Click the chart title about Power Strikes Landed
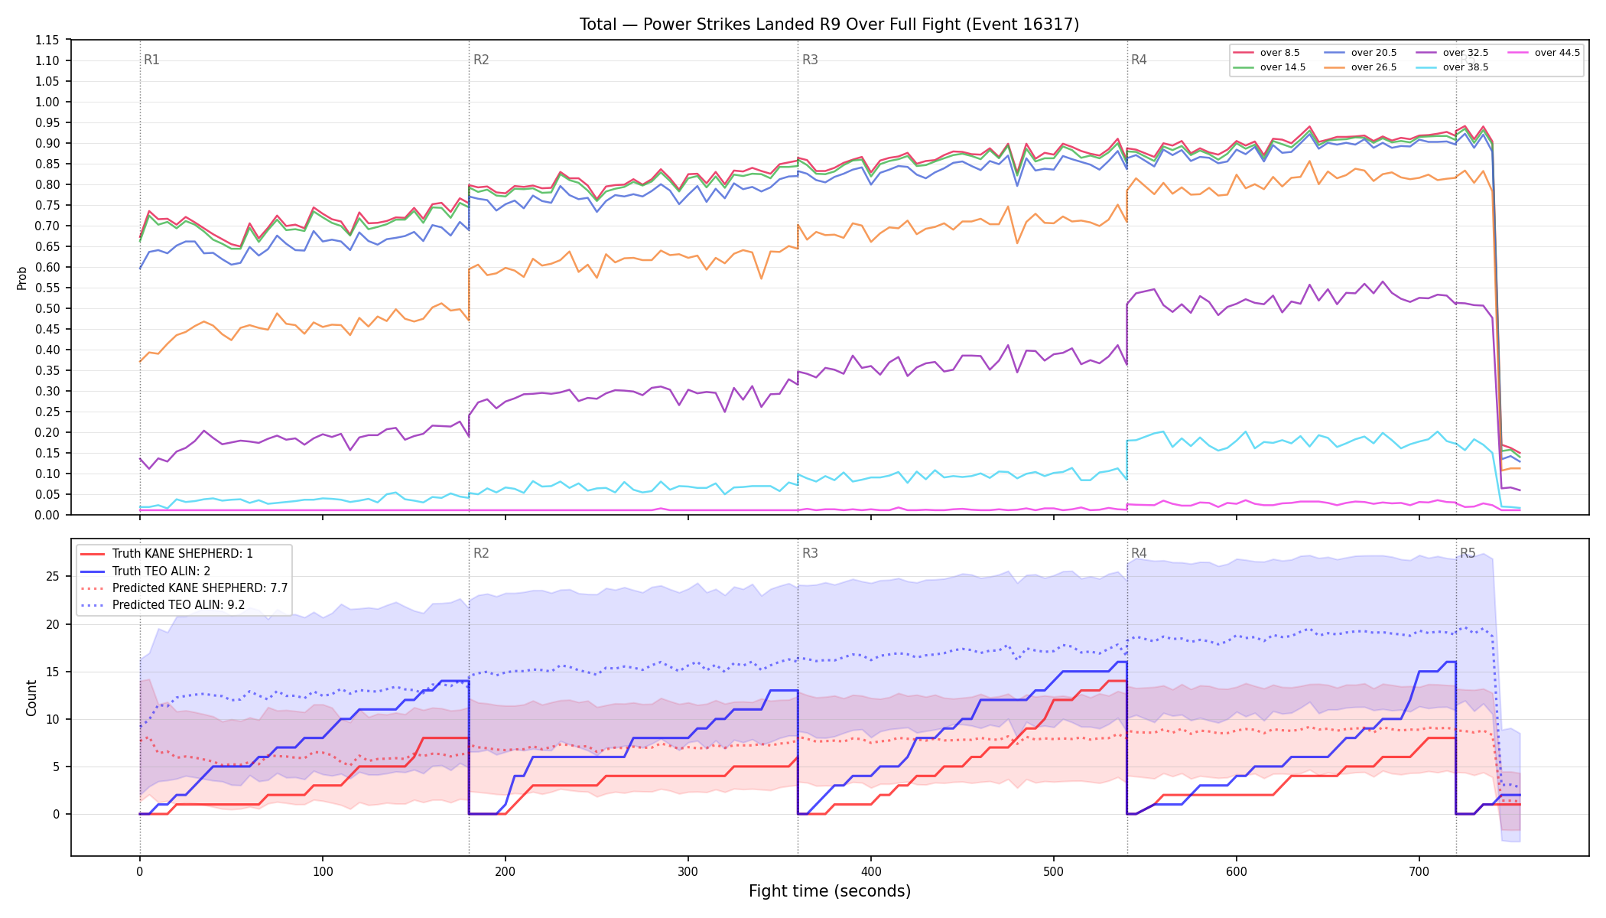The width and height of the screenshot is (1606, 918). [x=829, y=24]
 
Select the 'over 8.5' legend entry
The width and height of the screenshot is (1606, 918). [x=1266, y=53]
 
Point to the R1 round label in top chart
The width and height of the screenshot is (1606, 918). [x=151, y=60]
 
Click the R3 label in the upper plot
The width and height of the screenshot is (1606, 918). [x=810, y=60]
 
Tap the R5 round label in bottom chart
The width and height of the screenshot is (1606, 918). [x=1468, y=553]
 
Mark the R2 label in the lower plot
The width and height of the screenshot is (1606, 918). [x=481, y=553]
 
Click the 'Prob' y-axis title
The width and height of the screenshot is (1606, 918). [x=22, y=278]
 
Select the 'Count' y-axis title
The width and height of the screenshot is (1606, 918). [x=31, y=698]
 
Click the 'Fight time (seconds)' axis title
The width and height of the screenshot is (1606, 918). [x=830, y=891]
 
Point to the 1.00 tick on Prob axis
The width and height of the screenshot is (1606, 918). [x=47, y=102]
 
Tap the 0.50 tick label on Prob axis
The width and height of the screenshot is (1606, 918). [x=47, y=308]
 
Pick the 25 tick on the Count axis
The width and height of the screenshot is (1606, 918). [x=52, y=577]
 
